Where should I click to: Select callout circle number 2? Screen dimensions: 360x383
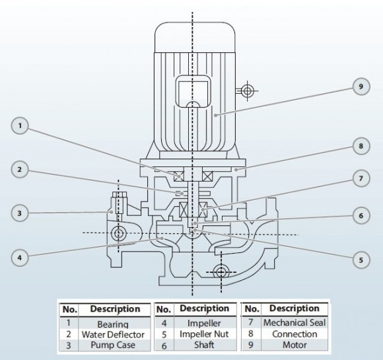pyautogui.click(x=22, y=170)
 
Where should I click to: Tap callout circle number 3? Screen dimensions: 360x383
pyautogui.click(x=22, y=213)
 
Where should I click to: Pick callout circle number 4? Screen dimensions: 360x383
pyautogui.click(x=22, y=258)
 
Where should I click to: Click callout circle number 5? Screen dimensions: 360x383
pyautogui.click(x=361, y=260)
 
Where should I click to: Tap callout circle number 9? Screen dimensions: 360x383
pyautogui.click(x=361, y=87)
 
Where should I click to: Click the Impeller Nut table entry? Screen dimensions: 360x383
pyautogui.click(x=204, y=334)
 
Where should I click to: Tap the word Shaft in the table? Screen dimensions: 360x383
pyautogui.click(x=204, y=345)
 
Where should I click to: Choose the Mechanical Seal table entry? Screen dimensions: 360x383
pyautogui.click(x=294, y=324)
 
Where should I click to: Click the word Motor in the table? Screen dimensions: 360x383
pyautogui.click(x=294, y=345)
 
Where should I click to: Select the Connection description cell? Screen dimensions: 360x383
pyautogui.click(x=294, y=334)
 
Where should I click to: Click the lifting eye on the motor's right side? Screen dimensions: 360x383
pyautogui.click(x=247, y=91)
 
